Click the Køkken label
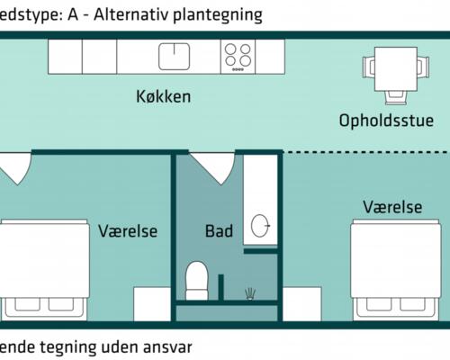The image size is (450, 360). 164,96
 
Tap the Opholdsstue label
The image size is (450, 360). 386,120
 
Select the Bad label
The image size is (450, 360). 219,231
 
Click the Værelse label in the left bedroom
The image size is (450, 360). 128,231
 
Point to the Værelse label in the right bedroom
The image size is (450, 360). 392,207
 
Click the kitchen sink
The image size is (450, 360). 175,56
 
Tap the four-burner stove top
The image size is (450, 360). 238,56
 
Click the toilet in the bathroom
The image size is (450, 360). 196,280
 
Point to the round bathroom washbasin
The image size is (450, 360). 262,226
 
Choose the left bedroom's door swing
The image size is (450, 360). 15,167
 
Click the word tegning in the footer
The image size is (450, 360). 67,346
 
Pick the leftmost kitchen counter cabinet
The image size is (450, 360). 65,56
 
